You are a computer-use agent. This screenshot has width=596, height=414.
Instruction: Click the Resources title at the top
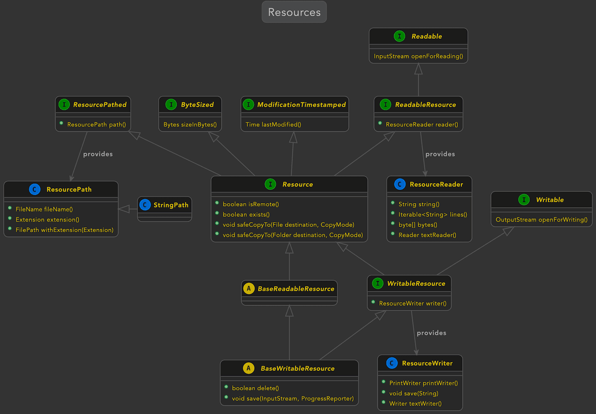pyautogui.click(x=294, y=12)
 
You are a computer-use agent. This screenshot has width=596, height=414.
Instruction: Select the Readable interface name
pyautogui.click(x=427, y=36)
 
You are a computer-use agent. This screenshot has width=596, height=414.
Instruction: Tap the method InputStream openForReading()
pyautogui.click(x=418, y=56)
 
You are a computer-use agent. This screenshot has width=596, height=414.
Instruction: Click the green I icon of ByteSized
pyautogui.click(x=171, y=105)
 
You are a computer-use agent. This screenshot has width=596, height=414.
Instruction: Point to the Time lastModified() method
pyautogui.click(x=273, y=125)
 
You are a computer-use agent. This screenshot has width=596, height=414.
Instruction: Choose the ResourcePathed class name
pyautogui.click(x=100, y=105)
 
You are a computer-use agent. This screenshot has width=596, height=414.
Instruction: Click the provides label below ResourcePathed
pyautogui.click(x=98, y=154)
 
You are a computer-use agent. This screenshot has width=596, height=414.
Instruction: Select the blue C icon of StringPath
pyautogui.click(x=145, y=205)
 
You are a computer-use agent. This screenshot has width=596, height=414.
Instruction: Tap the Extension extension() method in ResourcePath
pyautogui.click(x=47, y=219)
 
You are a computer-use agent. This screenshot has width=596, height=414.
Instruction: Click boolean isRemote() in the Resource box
pyautogui.click(x=251, y=204)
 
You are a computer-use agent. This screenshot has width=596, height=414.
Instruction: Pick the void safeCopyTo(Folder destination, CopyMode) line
pyautogui.click(x=293, y=235)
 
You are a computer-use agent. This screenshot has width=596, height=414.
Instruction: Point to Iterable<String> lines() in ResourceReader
pyautogui.click(x=433, y=214)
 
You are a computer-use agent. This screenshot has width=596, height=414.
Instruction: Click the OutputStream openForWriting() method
pyautogui.click(x=541, y=219)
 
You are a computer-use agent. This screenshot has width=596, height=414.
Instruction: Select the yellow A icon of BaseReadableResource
pyautogui.click(x=249, y=288)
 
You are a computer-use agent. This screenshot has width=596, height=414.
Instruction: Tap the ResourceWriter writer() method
pyautogui.click(x=413, y=303)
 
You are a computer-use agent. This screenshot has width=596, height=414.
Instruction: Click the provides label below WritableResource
pyautogui.click(x=431, y=333)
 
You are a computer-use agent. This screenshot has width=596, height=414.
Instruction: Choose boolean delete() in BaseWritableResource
pyautogui.click(x=255, y=388)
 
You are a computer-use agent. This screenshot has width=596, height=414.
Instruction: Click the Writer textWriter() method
pyautogui.click(x=415, y=404)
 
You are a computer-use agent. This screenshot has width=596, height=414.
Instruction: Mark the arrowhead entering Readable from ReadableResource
pyautogui.click(x=419, y=69)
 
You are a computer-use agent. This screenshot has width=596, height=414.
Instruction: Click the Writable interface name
pyautogui.click(x=550, y=200)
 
